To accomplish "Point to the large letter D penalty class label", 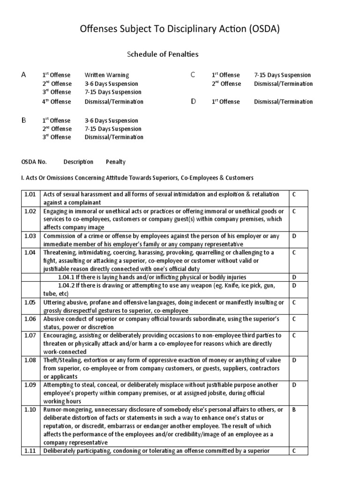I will [x=193, y=101].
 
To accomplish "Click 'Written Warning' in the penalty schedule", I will [x=106, y=75].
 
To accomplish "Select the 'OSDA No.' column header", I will [x=34, y=162].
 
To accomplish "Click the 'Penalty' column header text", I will [x=116, y=162].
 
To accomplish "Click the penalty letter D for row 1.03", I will [x=294, y=236].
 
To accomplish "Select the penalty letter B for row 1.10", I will [x=294, y=409].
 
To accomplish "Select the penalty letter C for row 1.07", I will [x=294, y=335].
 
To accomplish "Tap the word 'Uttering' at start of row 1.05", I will [x=55, y=302].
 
